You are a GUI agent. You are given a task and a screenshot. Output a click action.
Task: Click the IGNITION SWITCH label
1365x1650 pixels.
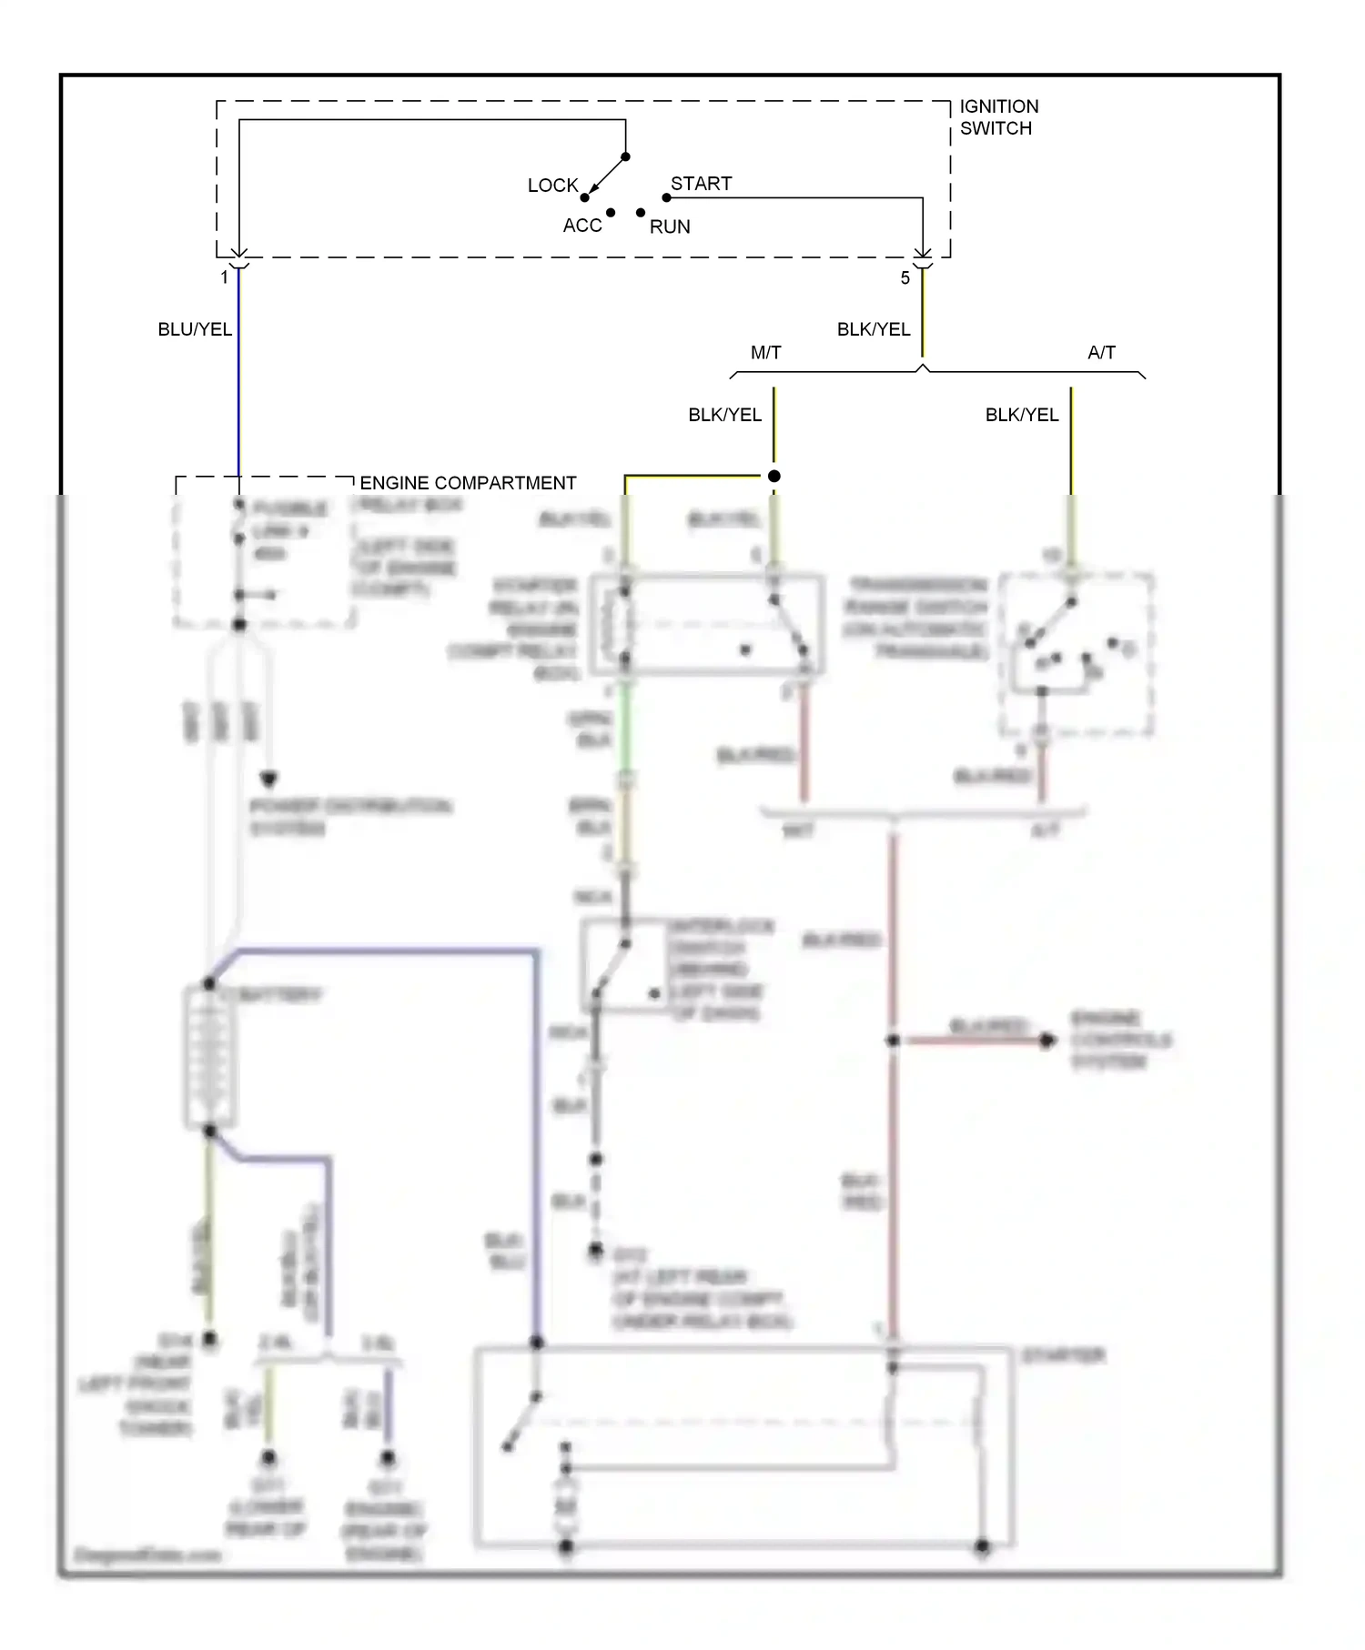click(x=998, y=117)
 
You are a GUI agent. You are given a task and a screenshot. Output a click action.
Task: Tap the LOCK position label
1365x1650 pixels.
click(x=552, y=186)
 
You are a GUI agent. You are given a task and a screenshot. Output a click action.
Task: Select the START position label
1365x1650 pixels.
click(x=701, y=184)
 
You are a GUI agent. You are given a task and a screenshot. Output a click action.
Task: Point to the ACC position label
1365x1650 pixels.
click(x=582, y=226)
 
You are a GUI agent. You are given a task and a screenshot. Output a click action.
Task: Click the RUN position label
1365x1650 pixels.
click(x=670, y=226)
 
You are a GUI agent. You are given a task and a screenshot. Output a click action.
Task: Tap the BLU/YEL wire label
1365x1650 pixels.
click(x=195, y=329)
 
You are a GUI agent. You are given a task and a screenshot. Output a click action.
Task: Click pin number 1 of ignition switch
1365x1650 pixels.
click(x=224, y=277)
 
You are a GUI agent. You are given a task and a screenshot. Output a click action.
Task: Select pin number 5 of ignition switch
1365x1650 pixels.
click(x=905, y=278)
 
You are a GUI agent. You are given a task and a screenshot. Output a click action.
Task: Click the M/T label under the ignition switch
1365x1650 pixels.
click(x=765, y=353)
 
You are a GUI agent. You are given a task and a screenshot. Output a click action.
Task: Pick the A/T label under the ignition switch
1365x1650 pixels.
click(x=1101, y=353)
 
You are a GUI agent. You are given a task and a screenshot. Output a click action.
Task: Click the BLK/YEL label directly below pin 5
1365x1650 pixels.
click(x=873, y=329)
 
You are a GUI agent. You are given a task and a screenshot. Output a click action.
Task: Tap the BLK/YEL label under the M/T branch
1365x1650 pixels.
click(x=724, y=415)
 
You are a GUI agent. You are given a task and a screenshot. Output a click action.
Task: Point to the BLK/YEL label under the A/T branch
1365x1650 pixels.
click(x=1021, y=415)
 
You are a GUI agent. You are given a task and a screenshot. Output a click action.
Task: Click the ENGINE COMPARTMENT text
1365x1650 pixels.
click(x=468, y=483)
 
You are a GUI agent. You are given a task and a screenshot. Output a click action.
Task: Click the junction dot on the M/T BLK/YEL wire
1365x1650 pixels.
click(x=773, y=476)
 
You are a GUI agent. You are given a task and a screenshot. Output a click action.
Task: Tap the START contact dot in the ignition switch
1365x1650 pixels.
click(x=666, y=197)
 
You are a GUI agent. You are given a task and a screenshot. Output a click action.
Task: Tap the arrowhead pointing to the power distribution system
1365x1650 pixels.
click(x=268, y=780)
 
